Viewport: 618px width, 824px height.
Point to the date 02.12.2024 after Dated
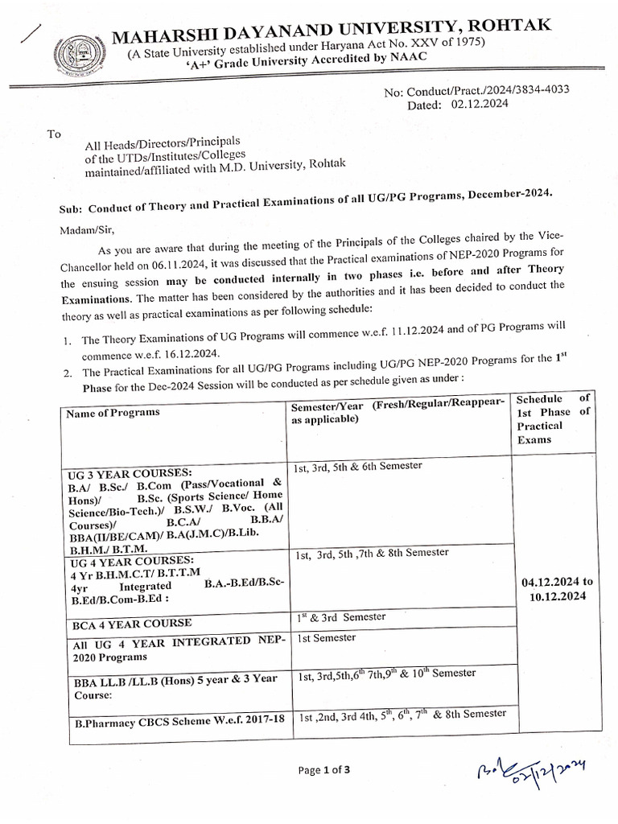point(480,105)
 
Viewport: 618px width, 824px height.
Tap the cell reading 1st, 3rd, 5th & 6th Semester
point(359,466)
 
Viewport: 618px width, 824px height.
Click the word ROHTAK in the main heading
point(513,27)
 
